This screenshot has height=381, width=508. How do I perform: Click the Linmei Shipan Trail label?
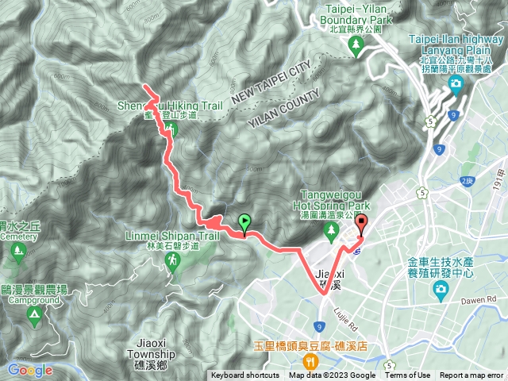(172, 237)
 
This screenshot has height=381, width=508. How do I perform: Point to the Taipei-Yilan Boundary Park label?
(355, 14)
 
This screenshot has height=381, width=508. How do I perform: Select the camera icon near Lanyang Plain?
(456, 83)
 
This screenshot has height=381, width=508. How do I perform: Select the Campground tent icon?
(34, 314)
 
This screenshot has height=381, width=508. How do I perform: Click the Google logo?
(30, 370)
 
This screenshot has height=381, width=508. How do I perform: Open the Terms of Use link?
(408, 375)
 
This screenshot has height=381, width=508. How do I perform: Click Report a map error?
(471, 375)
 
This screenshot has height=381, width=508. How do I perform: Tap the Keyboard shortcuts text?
(245, 375)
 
